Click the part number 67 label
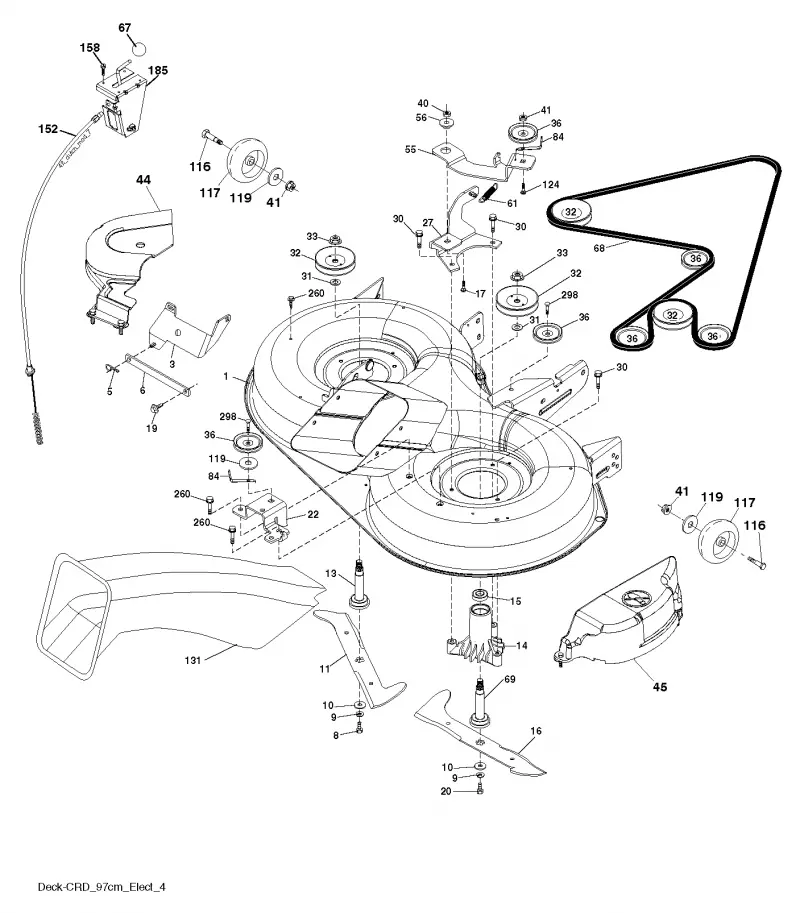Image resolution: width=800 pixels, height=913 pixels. click(x=125, y=28)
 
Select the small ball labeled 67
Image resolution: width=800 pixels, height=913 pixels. click(x=138, y=48)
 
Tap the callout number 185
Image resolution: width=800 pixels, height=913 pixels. click(x=158, y=70)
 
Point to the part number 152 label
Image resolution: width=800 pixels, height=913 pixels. click(x=48, y=129)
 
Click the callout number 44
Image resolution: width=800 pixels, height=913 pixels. click(x=143, y=180)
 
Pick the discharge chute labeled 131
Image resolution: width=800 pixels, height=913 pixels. click(x=175, y=606)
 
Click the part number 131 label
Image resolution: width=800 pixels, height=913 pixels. click(x=193, y=660)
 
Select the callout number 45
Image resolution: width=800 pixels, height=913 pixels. click(x=660, y=687)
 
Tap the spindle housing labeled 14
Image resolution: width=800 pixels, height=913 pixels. click(x=475, y=636)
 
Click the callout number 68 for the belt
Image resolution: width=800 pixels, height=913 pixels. click(x=599, y=248)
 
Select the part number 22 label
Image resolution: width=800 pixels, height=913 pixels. click(x=313, y=515)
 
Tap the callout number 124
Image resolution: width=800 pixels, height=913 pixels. click(x=550, y=185)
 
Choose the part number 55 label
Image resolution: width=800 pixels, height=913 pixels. click(x=410, y=150)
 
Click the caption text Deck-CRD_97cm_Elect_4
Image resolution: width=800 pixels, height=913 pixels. click(x=102, y=887)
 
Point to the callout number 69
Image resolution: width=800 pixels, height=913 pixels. click(x=509, y=680)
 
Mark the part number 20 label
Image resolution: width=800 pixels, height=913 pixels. click(x=446, y=791)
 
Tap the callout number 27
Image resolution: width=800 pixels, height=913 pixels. click(x=428, y=222)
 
